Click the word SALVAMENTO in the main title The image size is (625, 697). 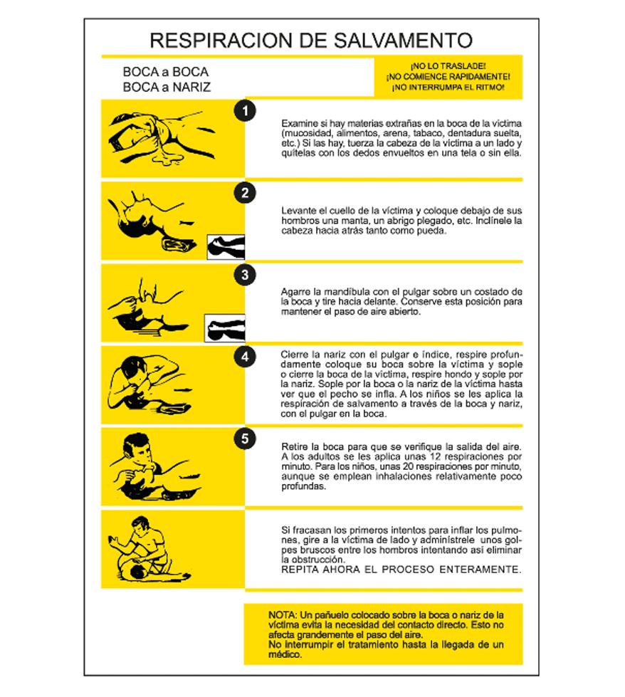point(403,41)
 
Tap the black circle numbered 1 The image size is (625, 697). point(245,110)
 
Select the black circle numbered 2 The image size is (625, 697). point(245,193)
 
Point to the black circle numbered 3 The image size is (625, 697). point(245,275)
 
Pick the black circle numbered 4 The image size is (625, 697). point(245,357)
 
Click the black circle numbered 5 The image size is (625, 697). point(245,439)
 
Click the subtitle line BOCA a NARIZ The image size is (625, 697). point(167,87)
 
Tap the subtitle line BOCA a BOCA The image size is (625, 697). point(165,72)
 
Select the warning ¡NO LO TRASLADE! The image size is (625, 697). point(448,66)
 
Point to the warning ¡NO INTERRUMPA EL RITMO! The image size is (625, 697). point(448,88)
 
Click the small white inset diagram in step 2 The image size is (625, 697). point(226,247)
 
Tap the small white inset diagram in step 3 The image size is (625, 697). point(225,328)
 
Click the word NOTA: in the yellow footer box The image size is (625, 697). point(283,615)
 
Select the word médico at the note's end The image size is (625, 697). point(285,654)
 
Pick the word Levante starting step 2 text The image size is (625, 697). point(298,211)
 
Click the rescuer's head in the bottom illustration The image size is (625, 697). point(142,526)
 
